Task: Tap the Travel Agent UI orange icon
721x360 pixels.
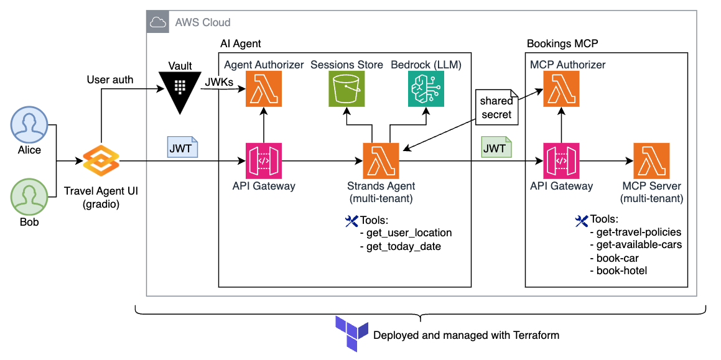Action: [x=100, y=161]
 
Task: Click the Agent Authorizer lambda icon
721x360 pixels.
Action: [x=264, y=89]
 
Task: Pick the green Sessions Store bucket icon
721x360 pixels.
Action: [x=347, y=89]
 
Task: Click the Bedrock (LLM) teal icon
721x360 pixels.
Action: [x=426, y=89]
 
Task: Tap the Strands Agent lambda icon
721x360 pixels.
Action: [x=381, y=161]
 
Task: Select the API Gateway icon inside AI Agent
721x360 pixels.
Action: [x=264, y=161]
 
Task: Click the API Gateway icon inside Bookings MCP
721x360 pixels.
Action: [x=562, y=161]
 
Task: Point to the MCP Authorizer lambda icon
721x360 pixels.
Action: [x=562, y=89]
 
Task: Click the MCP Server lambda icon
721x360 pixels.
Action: [x=651, y=161]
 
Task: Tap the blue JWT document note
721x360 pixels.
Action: [x=182, y=148]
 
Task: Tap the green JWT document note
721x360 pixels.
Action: [x=495, y=148]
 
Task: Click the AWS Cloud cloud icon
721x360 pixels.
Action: [x=159, y=22]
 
